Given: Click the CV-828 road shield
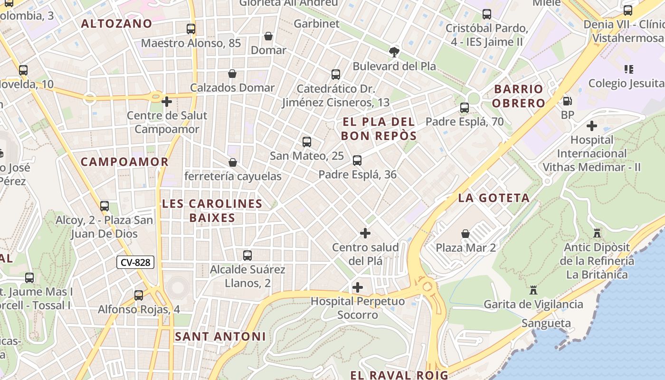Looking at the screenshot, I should click(x=136, y=262).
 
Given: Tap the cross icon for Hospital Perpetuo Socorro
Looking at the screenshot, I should click(x=358, y=287).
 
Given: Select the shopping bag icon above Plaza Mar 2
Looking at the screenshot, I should click(x=465, y=234).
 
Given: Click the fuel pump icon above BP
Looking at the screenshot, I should click(x=567, y=101).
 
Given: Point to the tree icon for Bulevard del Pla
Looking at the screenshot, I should click(x=394, y=52).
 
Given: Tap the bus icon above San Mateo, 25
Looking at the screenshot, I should click(x=307, y=142).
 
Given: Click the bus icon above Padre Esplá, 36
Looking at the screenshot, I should click(x=357, y=161).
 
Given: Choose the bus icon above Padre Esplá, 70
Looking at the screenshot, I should click(x=465, y=108).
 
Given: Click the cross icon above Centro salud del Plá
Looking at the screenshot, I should click(x=365, y=233).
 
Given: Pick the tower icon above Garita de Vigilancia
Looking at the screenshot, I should click(x=533, y=290).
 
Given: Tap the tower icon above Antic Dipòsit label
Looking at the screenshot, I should click(x=597, y=233).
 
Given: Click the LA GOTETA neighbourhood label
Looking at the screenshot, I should click(x=494, y=198).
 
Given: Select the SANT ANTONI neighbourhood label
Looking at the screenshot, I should click(x=220, y=336).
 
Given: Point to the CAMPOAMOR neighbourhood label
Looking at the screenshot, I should click(x=125, y=161).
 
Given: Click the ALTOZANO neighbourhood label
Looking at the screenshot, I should click(x=116, y=23).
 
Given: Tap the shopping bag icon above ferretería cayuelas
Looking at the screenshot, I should click(x=233, y=162).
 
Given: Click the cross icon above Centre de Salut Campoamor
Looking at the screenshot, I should click(x=167, y=102).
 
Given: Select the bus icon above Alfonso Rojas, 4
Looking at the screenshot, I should click(x=139, y=295).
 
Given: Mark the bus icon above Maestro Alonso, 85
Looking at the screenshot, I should click(x=191, y=29).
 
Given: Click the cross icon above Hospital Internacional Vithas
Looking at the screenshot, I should click(x=592, y=126).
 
